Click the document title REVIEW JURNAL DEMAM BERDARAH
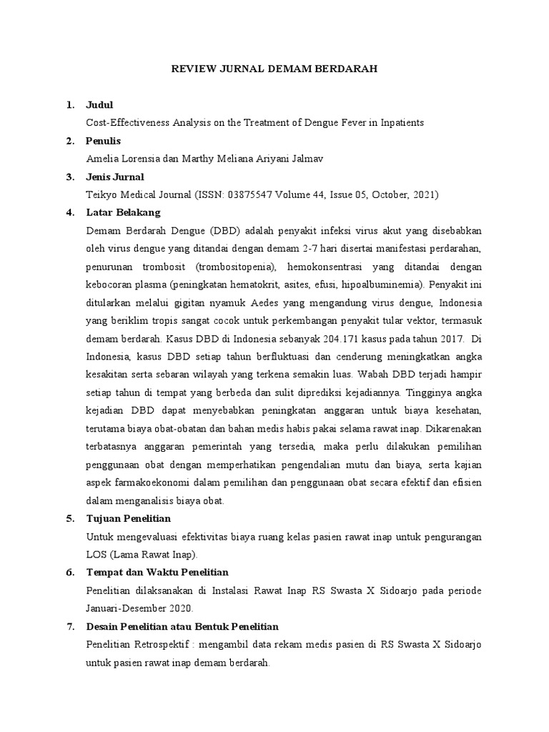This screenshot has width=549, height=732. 275,69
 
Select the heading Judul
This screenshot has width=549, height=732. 99,105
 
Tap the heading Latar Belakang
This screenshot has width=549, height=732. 123,212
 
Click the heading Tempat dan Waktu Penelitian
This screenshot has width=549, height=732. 157,572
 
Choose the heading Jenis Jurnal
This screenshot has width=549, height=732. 114,177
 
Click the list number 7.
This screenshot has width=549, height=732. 70,626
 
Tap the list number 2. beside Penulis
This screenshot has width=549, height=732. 70,141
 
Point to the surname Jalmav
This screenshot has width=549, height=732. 308,159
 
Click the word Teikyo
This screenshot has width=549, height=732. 102,194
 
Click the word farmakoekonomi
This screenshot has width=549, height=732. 153,483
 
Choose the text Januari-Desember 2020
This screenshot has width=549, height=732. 139,608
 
